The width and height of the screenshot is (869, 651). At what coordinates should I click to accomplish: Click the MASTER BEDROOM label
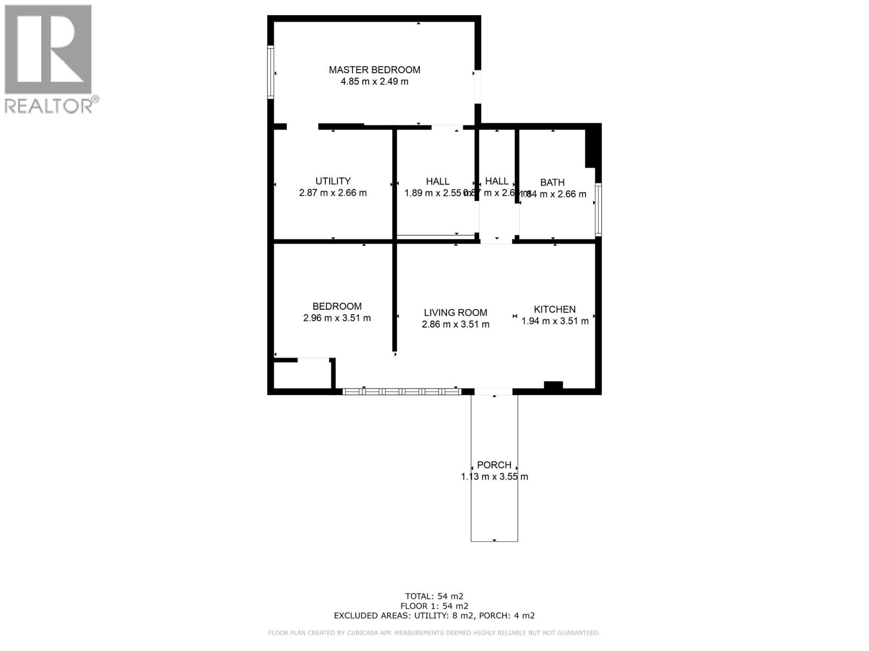(374, 69)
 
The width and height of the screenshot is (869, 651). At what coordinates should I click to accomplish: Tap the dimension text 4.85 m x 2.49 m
(374, 82)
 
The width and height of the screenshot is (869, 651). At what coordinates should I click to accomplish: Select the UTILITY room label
(333, 181)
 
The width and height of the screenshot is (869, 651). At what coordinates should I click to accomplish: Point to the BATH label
(552, 183)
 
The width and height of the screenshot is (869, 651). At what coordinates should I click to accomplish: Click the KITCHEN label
(555, 309)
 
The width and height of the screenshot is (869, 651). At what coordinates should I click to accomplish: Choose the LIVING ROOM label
(455, 312)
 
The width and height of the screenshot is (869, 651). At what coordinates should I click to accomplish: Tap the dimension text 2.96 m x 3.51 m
(337, 318)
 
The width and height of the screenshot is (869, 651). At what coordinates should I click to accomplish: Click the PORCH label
(494, 465)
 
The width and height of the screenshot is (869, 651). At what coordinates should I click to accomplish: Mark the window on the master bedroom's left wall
(270, 73)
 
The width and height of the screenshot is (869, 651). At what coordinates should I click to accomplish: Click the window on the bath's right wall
(598, 209)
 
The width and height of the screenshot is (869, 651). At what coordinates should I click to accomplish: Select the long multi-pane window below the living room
(401, 391)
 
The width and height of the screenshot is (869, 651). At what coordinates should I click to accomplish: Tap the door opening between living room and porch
(493, 391)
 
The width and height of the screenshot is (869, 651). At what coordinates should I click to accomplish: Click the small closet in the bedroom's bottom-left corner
(302, 374)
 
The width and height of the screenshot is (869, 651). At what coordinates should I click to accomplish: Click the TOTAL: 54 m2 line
(434, 596)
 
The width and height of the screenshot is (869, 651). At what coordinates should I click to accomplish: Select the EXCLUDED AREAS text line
(434, 616)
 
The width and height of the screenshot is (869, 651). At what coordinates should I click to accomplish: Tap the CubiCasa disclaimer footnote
(434, 633)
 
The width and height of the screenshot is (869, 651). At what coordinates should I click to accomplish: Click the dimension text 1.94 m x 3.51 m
(555, 321)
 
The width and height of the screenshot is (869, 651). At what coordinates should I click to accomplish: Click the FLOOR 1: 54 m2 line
(434, 606)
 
